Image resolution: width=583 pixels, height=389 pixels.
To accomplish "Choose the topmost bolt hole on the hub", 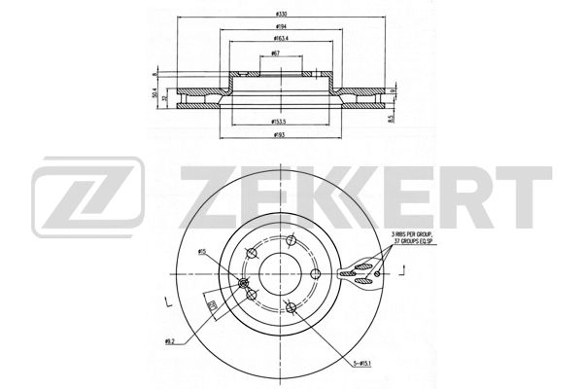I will (290, 240).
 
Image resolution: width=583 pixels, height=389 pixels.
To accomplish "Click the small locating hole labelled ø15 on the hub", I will (243, 282).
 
